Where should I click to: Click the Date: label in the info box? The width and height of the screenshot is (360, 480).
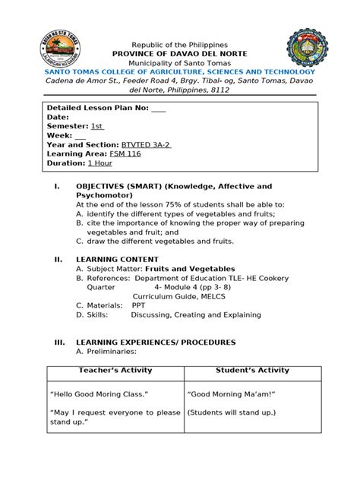[58, 116]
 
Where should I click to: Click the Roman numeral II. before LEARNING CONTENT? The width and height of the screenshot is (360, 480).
[55, 259]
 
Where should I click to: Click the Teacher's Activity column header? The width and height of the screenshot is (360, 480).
[115, 370]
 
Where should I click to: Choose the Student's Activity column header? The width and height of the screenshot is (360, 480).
[252, 370]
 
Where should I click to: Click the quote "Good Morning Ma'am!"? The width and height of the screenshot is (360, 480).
[231, 394]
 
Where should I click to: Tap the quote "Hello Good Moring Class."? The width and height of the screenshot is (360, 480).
[99, 394]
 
